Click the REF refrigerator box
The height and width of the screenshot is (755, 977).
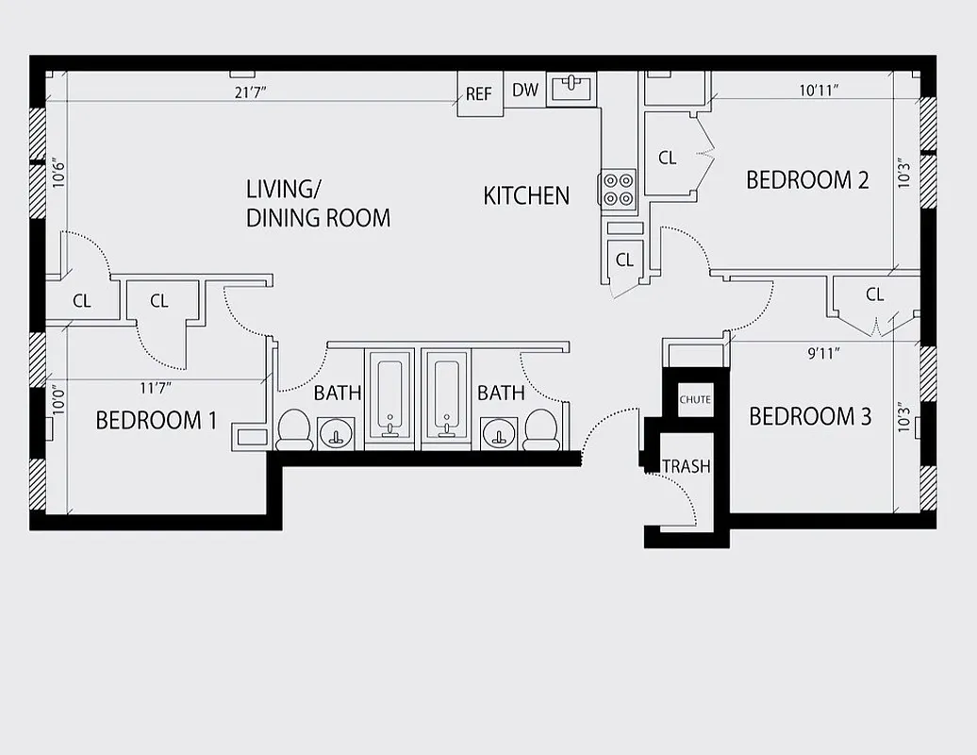point(479,94)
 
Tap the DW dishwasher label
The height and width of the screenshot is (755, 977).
point(525,91)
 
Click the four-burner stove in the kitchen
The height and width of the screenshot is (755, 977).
point(619,189)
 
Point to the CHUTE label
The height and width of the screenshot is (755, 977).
point(695,400)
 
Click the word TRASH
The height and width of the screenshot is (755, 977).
point(686,466)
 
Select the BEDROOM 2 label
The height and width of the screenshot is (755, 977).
point(806,179)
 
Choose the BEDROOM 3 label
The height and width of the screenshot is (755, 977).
point(809,416)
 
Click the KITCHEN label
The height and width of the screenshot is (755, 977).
point(526,195)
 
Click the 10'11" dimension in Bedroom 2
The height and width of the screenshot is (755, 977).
point(819,92)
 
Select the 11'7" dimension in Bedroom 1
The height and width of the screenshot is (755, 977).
point(156,387)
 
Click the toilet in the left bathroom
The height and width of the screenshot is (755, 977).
point(294,429)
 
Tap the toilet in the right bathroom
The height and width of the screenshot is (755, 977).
point(541,429)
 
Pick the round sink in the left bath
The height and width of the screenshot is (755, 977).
point(335,434)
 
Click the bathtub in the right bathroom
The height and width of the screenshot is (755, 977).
point(446,393)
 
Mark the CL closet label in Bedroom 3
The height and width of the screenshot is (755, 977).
point(874,294)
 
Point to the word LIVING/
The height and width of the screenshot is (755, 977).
point(276,189)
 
